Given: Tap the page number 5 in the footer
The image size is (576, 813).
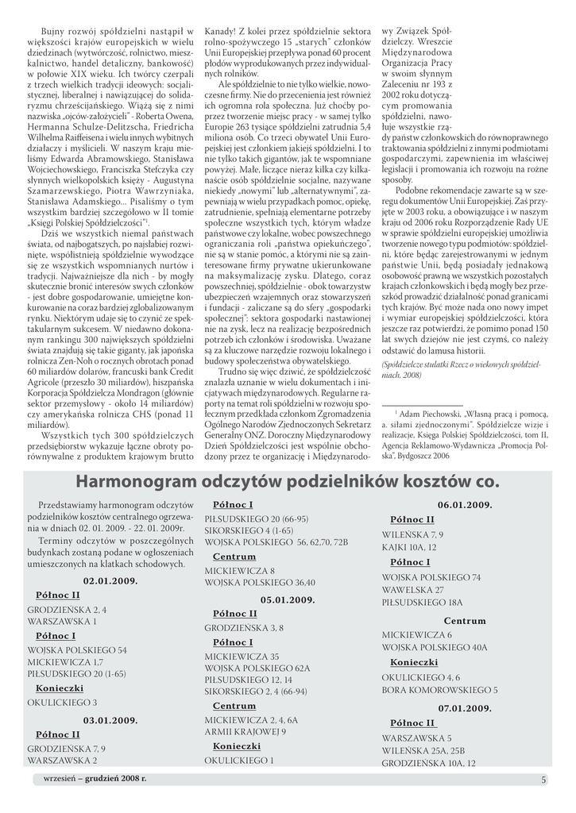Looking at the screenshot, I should [x=543, y=780].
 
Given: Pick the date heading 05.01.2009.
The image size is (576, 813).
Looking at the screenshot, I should [x=289, y=599].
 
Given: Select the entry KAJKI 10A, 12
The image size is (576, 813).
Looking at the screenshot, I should [x=408, y=548].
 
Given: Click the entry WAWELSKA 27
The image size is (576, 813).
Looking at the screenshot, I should [x=412, y=591].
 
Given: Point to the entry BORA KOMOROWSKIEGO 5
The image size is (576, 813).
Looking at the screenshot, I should [x=439, y=690].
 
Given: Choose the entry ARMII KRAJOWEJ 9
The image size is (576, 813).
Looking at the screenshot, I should [x=245, y=731].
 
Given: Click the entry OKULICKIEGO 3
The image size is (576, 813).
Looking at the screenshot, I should [x=62, y=703].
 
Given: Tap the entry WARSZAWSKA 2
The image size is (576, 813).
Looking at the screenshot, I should [x=62, y=760].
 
